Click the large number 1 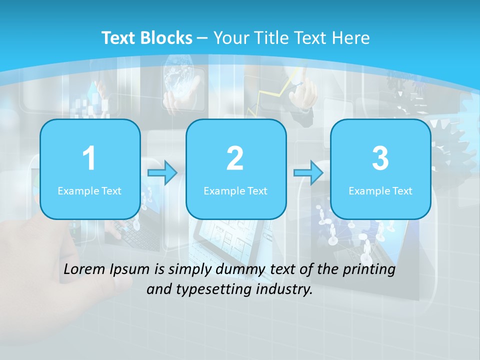[x=89, y=158]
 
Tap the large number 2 [x=235, y=158]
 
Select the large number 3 [x=380, y=158]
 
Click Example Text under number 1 [x=89, y=190]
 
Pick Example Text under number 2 [x=235, y=190]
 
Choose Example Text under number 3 [x=380, y=190]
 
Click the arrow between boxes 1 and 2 [x=162, y=173]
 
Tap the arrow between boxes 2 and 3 [x=308, y=173]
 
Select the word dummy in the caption [x=239, y=270]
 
